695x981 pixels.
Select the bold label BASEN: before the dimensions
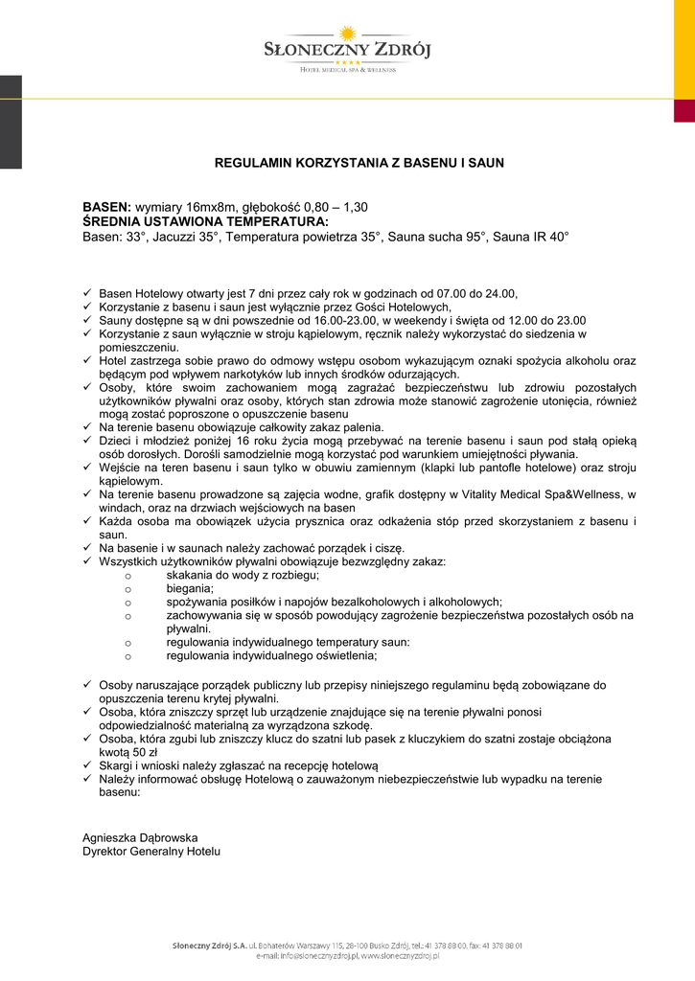pyautogui.click(x=106, y=207)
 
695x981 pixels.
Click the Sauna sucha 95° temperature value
pyautogui.click(x=437, y=236)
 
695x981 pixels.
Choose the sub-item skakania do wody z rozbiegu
pyautogui.click(x=243, y=575)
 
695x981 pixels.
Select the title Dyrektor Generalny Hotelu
pyautogui.click(x=151, y=851)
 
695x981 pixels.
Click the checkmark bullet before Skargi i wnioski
pyautogui.click(x=87, y=766)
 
